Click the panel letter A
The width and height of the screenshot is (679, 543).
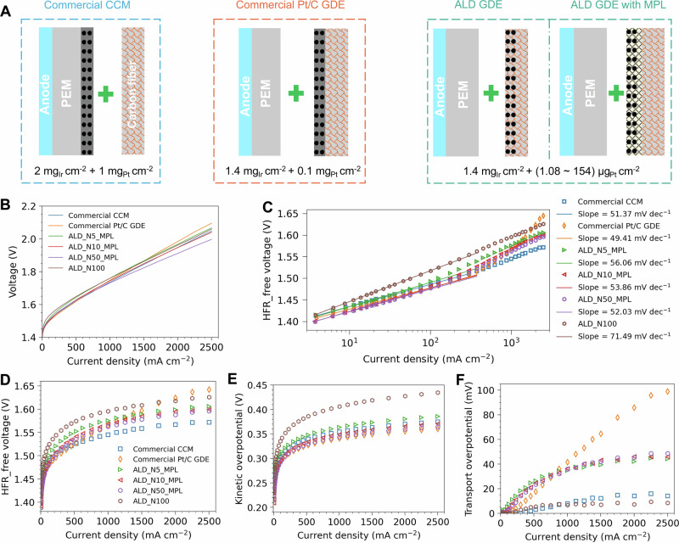(6, 10)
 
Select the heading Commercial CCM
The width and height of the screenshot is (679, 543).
(87, 5)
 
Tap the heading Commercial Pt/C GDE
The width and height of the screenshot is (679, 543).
(291, 5)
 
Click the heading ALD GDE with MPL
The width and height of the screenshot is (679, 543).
(618, 5)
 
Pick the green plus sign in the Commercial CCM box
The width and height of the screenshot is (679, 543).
(105, 94)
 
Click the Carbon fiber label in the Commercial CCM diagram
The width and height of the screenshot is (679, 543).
(132, 94)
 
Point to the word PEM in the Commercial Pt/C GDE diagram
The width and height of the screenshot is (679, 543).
(266, 93)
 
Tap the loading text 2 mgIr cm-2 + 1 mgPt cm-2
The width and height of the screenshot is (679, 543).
(93, 171)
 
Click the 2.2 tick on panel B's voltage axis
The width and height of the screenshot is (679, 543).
(29, 206)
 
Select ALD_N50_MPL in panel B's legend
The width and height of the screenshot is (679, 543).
(93, 257)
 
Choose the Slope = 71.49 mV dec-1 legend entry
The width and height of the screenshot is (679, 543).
(624, 336)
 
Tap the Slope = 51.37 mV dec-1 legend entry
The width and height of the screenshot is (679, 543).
(624, 214)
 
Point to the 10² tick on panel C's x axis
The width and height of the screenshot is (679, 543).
(430, 342)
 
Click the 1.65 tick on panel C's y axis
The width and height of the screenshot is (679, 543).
(288, 214)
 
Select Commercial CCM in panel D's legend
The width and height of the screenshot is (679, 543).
(163, 449)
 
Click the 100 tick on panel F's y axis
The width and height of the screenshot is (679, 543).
(486, 390)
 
